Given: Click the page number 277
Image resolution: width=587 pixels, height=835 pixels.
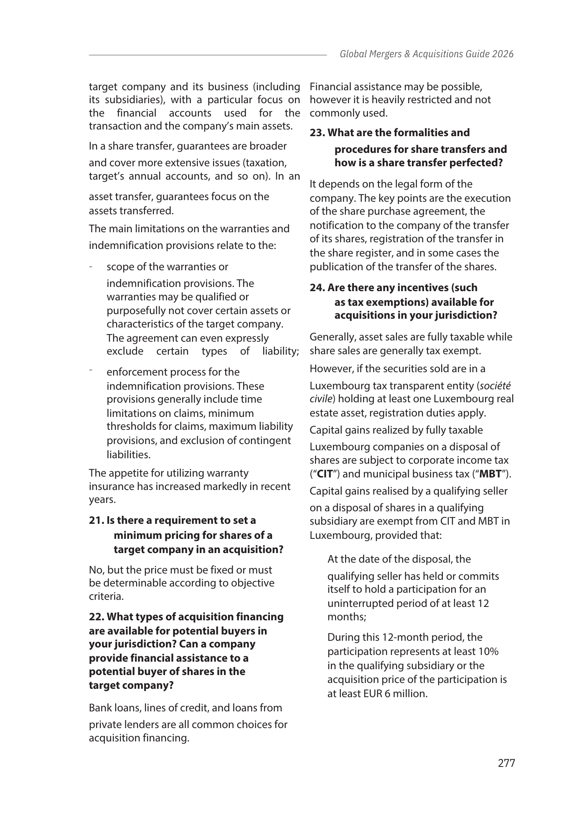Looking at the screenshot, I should [506, 763].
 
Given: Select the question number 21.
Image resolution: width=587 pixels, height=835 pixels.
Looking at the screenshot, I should [96, 520].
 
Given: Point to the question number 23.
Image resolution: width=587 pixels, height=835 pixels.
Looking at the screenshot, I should [317, 132].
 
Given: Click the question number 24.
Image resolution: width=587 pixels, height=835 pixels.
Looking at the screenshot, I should [317, 288].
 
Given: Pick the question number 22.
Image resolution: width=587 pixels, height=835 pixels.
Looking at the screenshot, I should [97, 617].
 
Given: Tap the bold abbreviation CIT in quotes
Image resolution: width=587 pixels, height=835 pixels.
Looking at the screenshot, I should [325, 474].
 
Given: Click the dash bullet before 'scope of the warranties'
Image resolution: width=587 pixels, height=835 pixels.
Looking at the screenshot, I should [91, 266].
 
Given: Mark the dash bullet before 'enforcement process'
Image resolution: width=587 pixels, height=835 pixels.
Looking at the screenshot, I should [91, 370].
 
